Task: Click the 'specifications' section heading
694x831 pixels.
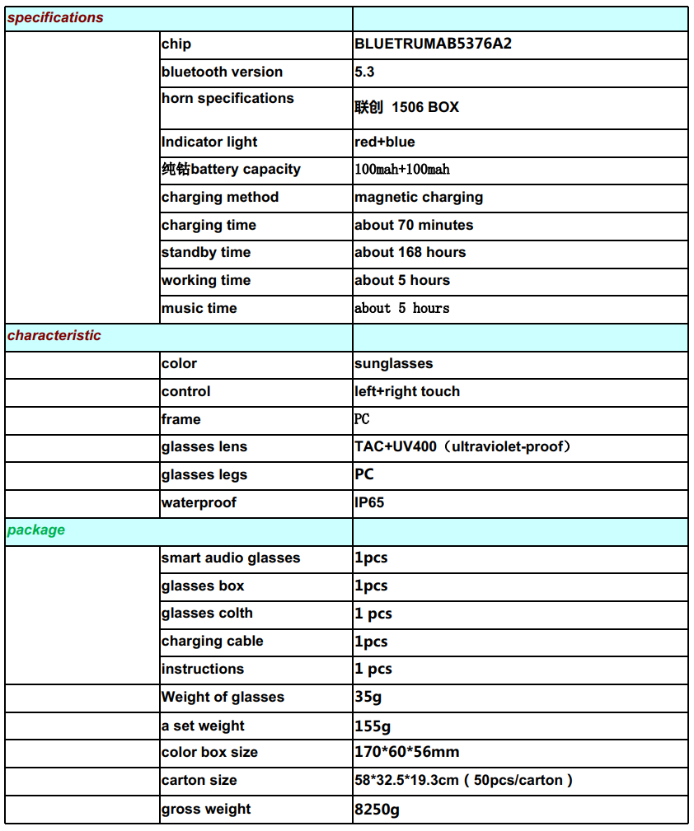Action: click(x=55, y=18)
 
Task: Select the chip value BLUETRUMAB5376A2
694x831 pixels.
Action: click(x=433, y=44)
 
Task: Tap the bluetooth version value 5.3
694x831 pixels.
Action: click(x=364, y=72)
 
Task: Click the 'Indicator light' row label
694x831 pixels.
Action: click(x=209, y=142)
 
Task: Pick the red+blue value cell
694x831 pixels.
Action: click(x=385, y=142)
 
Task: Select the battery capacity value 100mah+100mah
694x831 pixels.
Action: click(x=402, y=170)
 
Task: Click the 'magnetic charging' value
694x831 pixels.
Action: click(x=419, y=198)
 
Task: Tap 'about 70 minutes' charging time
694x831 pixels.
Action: click(x=414, y=226)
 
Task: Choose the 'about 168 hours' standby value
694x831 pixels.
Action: click(x=410, y=253)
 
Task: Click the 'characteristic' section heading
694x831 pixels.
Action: click(x=54, y=336)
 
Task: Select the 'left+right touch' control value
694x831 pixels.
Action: click(x=407, y=392)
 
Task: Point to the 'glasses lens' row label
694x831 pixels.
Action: click(x=204, y=447)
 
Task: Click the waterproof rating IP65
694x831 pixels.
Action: click(x=369, y=503)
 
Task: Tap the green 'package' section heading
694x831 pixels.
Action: click(x=36, y=530)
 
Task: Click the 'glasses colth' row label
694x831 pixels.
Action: click(x=207, y=614)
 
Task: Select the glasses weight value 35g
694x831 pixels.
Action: click(x=368, y=698)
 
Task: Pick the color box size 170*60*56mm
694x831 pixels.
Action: click(x=407, y=753)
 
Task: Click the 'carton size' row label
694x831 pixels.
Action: click(x=199, y=781)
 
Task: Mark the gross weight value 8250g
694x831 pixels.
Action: click(x=377, y=810)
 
